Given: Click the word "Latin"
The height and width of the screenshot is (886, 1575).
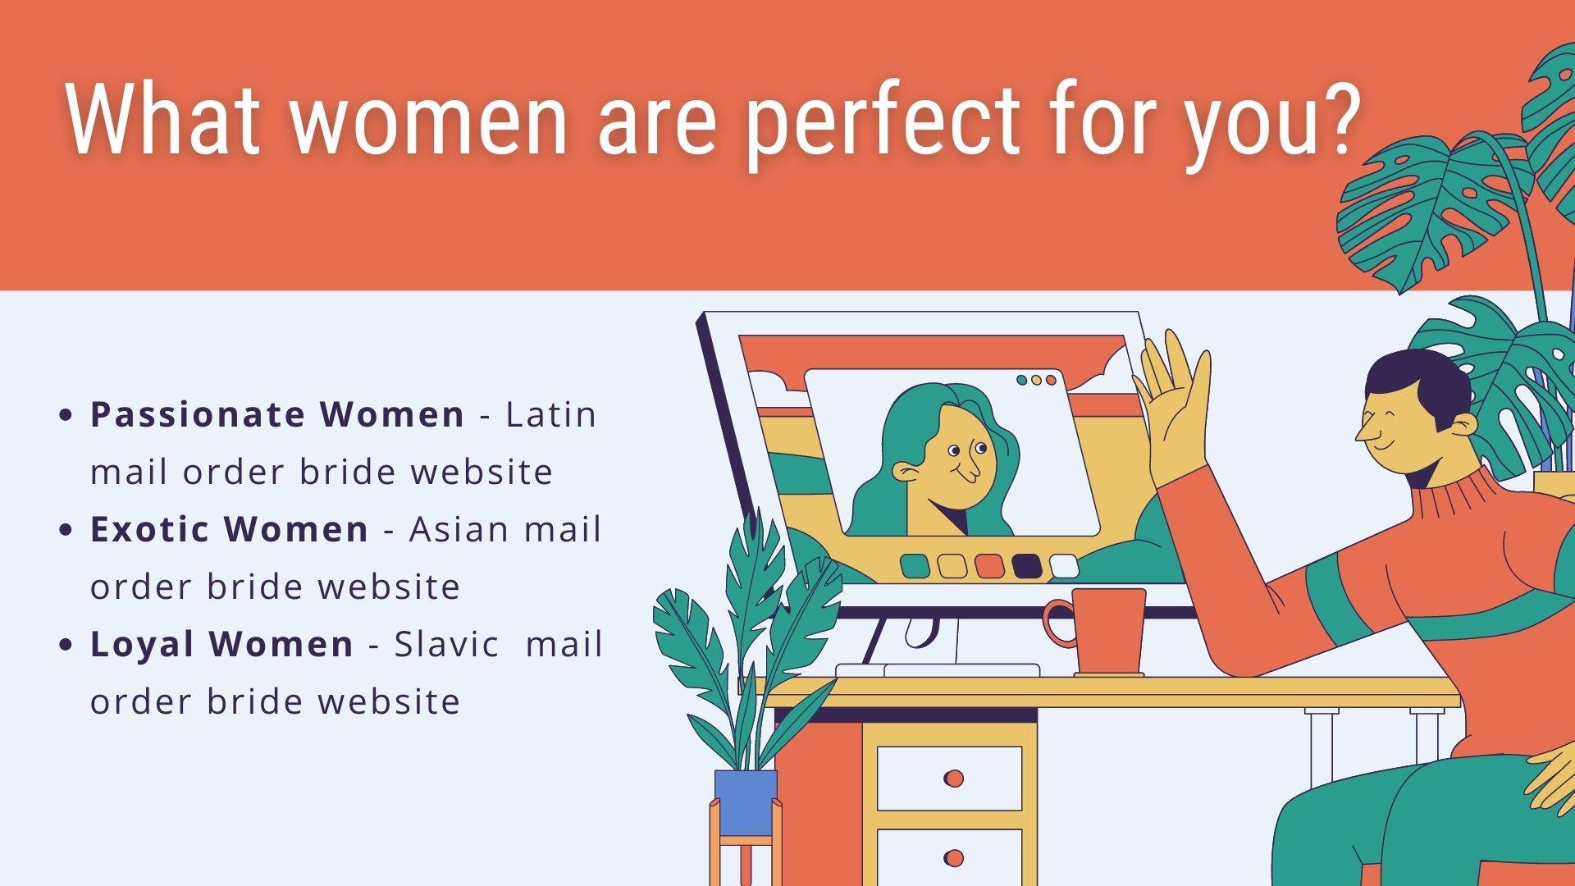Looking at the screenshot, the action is tap(551, 414).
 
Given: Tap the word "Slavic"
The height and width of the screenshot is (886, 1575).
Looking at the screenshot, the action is tap(446, 644).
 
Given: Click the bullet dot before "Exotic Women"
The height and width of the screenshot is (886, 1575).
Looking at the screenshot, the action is tap(67, 530).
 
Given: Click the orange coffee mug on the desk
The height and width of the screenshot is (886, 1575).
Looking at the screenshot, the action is tap(1099, 633).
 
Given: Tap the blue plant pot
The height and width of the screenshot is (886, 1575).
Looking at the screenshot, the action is tap(746, 802).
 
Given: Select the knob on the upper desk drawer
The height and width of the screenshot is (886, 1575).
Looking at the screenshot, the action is tap(953, 778).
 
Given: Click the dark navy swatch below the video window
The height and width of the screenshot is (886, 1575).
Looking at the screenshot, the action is tap(1026, 566).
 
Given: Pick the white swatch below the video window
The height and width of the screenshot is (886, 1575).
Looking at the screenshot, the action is tap(1064, 566).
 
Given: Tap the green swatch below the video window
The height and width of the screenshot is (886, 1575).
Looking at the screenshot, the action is tap(915, 566).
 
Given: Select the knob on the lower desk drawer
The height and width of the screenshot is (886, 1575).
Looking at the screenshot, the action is tap(953, 858).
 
